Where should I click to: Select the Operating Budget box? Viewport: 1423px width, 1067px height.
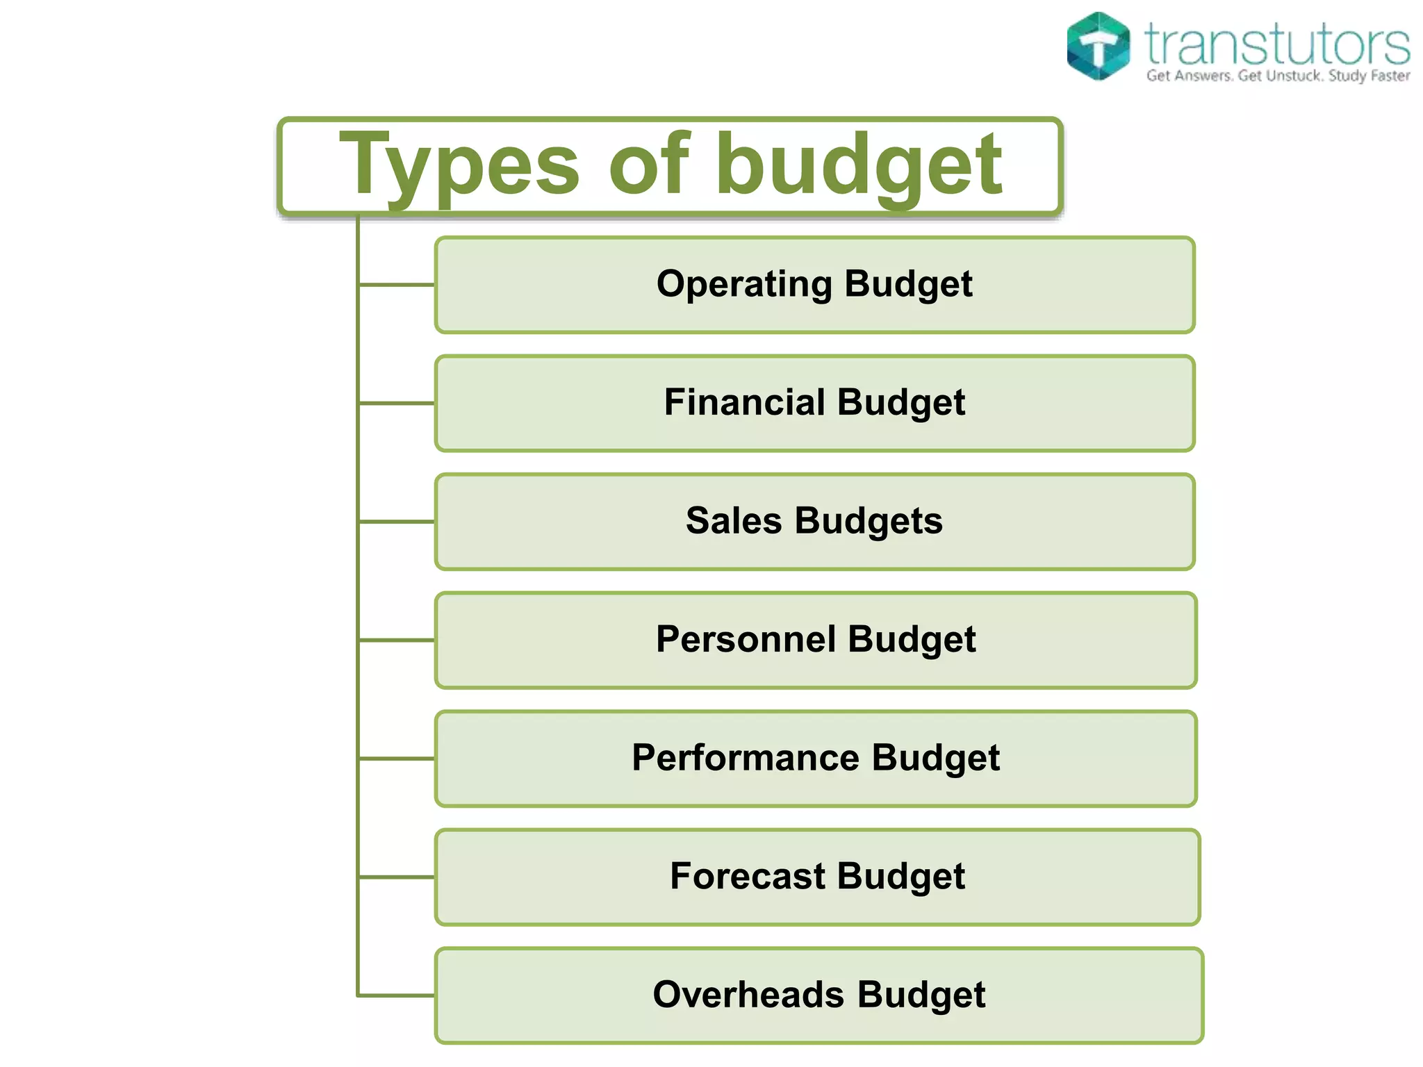(814, 285)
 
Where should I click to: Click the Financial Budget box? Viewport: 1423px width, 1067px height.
(814, 403)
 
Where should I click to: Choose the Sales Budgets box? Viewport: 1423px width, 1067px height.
(814, 522)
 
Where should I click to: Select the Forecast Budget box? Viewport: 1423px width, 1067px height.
(817, 877)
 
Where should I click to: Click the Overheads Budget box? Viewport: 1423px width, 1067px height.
(819, 995)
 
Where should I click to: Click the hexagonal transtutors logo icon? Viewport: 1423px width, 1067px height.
(1098, 46)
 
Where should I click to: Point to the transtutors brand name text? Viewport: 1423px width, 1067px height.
(1277, 43)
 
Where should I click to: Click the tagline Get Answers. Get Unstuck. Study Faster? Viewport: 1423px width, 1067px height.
(1277, 76)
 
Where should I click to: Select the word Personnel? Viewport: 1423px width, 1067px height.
(746, 640)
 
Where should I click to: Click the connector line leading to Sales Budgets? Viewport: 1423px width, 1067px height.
(396, 521)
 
